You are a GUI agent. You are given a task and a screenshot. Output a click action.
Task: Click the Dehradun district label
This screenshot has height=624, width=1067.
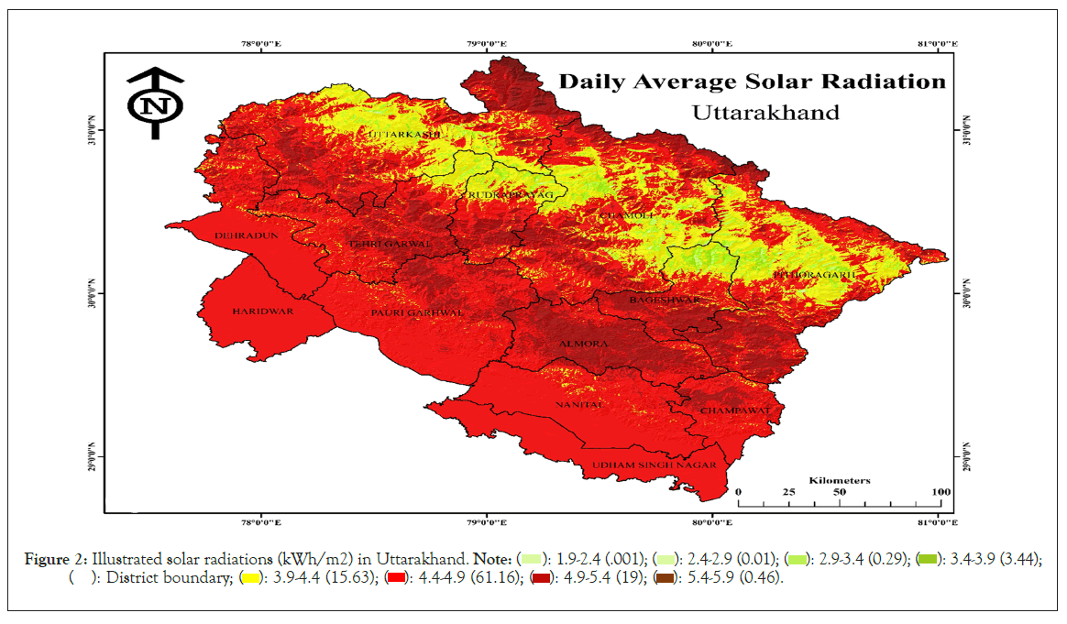click(239, 235)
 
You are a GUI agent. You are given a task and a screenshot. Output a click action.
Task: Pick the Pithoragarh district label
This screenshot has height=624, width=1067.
click(815, 274)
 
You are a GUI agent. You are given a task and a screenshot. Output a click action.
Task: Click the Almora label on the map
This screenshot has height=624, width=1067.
click(583, 344)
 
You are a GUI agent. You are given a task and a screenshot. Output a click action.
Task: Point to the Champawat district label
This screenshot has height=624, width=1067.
click(734, 411)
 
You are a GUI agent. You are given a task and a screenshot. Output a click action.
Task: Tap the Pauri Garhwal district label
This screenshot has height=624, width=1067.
click(417, 312)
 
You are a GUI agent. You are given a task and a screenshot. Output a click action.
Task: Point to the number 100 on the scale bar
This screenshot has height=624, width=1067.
click(940, 492)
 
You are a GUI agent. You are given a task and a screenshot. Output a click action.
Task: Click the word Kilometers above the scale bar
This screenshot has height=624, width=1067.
click(840, 479)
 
